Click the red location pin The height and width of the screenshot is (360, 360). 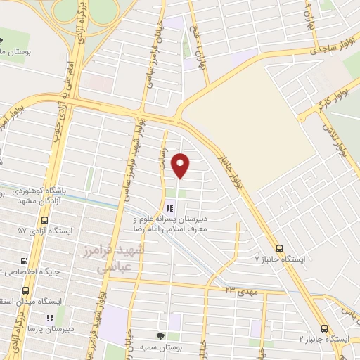click(181, 165)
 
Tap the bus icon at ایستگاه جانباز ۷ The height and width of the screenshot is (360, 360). click(280, 248)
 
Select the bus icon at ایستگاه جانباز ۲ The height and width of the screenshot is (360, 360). click(324, 328)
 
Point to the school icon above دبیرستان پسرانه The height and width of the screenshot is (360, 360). click(168, 208)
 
